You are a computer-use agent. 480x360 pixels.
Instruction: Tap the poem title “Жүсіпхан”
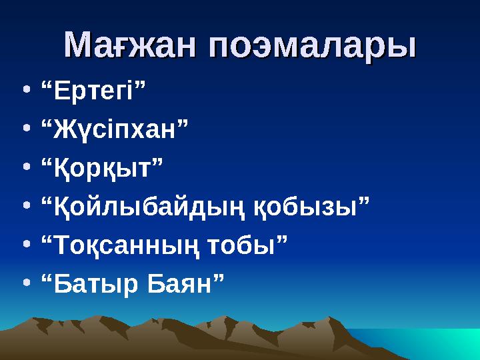[x=114, y=127]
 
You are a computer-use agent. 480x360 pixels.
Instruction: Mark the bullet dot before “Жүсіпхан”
[x=25, y=127]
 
